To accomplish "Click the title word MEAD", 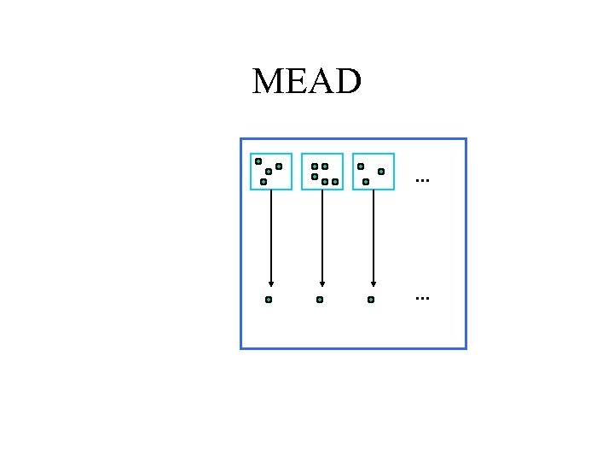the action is tap(307, 82).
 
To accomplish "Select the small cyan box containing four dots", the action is tap(271, 171).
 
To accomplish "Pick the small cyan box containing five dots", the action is tap(322, 171).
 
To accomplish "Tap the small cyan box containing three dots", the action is tap(374, 171).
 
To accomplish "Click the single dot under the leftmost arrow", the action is tap(269, 300).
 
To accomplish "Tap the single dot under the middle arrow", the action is tap(320, 300).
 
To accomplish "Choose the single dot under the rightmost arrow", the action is tap(371, 300).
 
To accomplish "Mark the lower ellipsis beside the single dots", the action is tap(422, 299).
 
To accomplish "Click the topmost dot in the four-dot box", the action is tap(258, 160).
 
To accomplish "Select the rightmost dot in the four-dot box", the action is tap(279, 166).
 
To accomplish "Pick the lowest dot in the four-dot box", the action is tap(264, 181).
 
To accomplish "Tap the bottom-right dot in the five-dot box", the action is tap(335, 181).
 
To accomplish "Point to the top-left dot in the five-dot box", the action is tap(315, 166).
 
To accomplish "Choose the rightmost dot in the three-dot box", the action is tap(381, 172).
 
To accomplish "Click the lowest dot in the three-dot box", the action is tap(366, 181).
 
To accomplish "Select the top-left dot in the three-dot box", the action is tap(361, 166).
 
